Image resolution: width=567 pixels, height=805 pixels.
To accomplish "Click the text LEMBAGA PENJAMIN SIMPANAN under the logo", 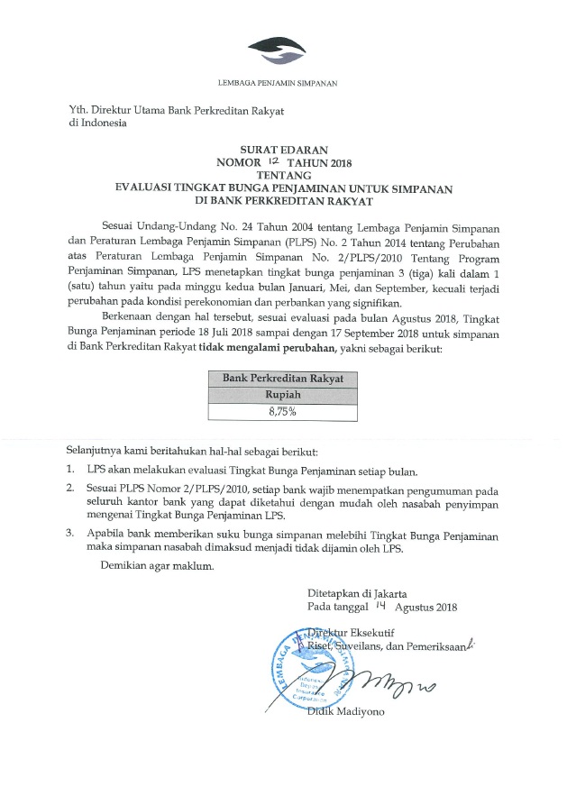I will coord(283,83).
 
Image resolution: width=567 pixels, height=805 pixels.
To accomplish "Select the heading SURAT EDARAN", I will coord(283,149).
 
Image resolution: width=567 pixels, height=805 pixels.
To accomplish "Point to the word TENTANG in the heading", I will coord(283,174).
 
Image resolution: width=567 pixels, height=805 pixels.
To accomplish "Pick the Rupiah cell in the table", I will coord(283,395).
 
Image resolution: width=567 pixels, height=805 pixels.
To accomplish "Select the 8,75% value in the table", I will coord(283,412).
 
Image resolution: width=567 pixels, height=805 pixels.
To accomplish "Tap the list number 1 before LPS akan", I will coord(70,471).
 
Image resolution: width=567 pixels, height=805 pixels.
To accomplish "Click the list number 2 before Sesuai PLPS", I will coord(70,488).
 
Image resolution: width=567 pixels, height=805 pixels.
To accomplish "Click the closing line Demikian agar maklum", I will coord(159,566).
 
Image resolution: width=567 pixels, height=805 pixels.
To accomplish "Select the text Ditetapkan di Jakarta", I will coord(357,594).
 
